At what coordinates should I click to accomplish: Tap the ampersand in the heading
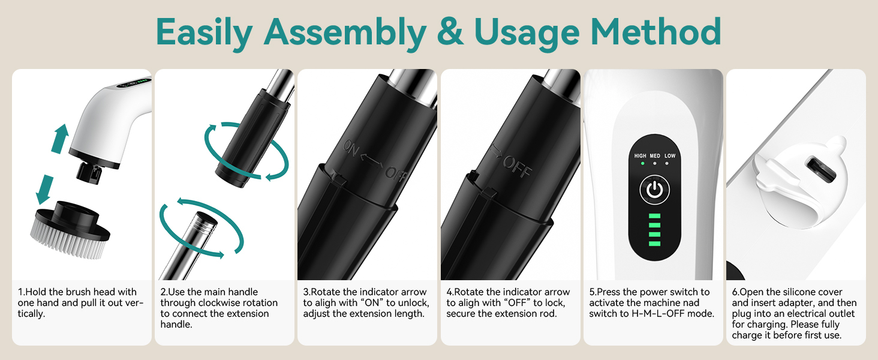pyautogui.click(x=450, y=31)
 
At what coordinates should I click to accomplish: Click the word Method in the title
pyautogui.click(x=656, y=31)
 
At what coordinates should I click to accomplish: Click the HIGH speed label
pyautogui.click(x=640, y=155)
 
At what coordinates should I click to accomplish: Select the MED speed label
pyautogui.click(x=655, y=155)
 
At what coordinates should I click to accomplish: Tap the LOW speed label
pyautogui.click(x=670, y=155)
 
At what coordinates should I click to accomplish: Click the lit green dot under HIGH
pyautogui.click(x=642, y=163)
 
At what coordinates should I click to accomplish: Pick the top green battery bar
pyautogui.click(x=654, y=216)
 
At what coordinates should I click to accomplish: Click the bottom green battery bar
pyautogui.click(x=654, y=244)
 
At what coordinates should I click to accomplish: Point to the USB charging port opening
pyautogui.click(x=821, y=170)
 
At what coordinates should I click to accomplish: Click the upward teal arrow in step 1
pyautogui.click(x=60, y=139)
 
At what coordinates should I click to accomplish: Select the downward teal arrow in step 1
pyautogui.click(x=45, y=190)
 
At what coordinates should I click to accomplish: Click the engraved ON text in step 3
pyautogui.click(x=351, y=149)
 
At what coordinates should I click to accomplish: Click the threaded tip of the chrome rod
pyautogui.click(x=204, y=221)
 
